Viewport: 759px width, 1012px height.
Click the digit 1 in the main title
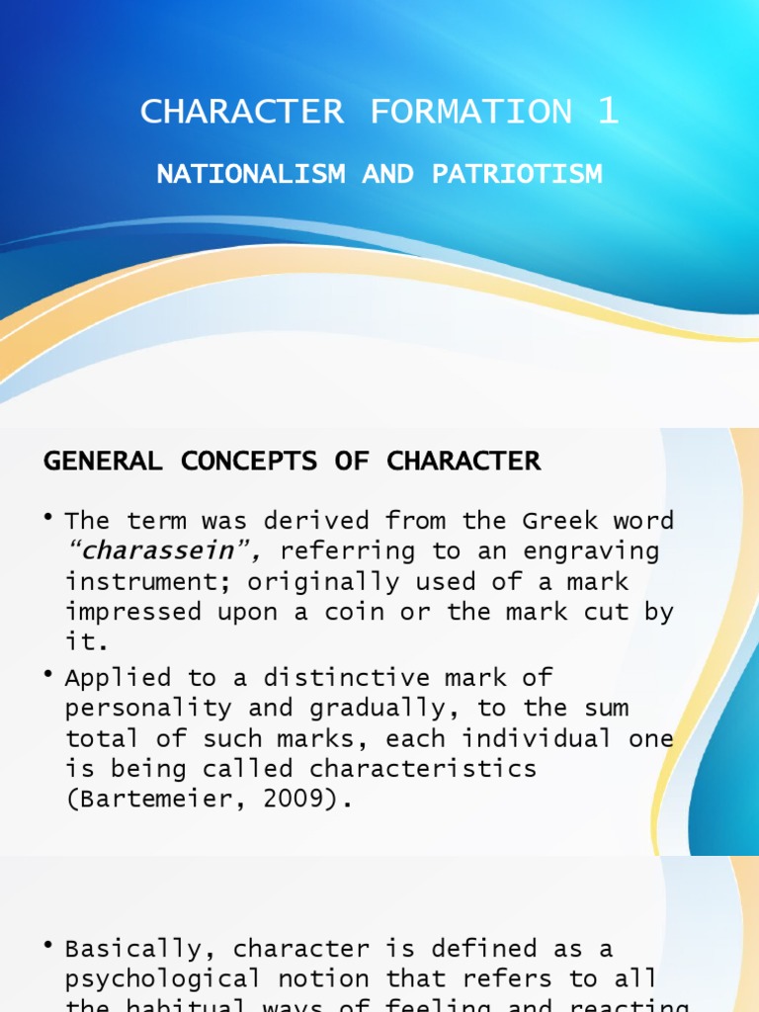608,112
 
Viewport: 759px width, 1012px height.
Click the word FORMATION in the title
471,112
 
